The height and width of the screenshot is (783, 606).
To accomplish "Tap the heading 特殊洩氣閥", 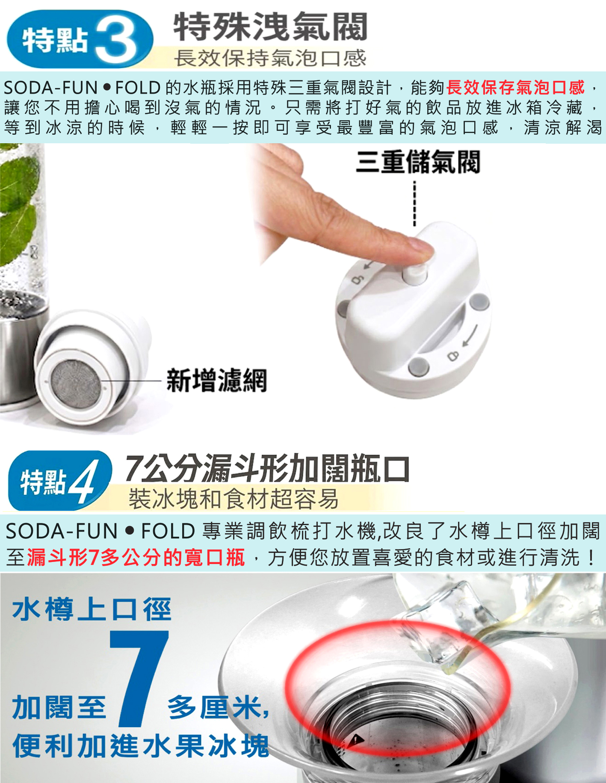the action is coord(270,27).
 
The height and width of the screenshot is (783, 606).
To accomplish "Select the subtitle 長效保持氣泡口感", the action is coord(270,58).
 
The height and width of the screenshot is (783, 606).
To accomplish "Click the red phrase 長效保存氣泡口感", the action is coord(515,88).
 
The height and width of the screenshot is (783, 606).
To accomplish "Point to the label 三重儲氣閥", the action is coord(418,162).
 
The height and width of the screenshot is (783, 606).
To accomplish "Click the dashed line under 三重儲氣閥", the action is coord(414,204).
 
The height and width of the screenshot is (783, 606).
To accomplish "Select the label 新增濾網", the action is coord(216,380).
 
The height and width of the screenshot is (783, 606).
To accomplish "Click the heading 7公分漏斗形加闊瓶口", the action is coord(268,469).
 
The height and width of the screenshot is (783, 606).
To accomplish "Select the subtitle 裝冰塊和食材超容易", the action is coord(234,499).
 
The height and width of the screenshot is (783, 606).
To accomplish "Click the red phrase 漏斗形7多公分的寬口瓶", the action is coord(136,557).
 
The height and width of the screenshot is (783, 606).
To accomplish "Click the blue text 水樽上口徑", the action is coord(92,609).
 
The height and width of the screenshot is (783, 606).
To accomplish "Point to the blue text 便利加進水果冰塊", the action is coord(141,746).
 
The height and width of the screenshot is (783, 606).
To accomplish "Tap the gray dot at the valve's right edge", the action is coord(479,301).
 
